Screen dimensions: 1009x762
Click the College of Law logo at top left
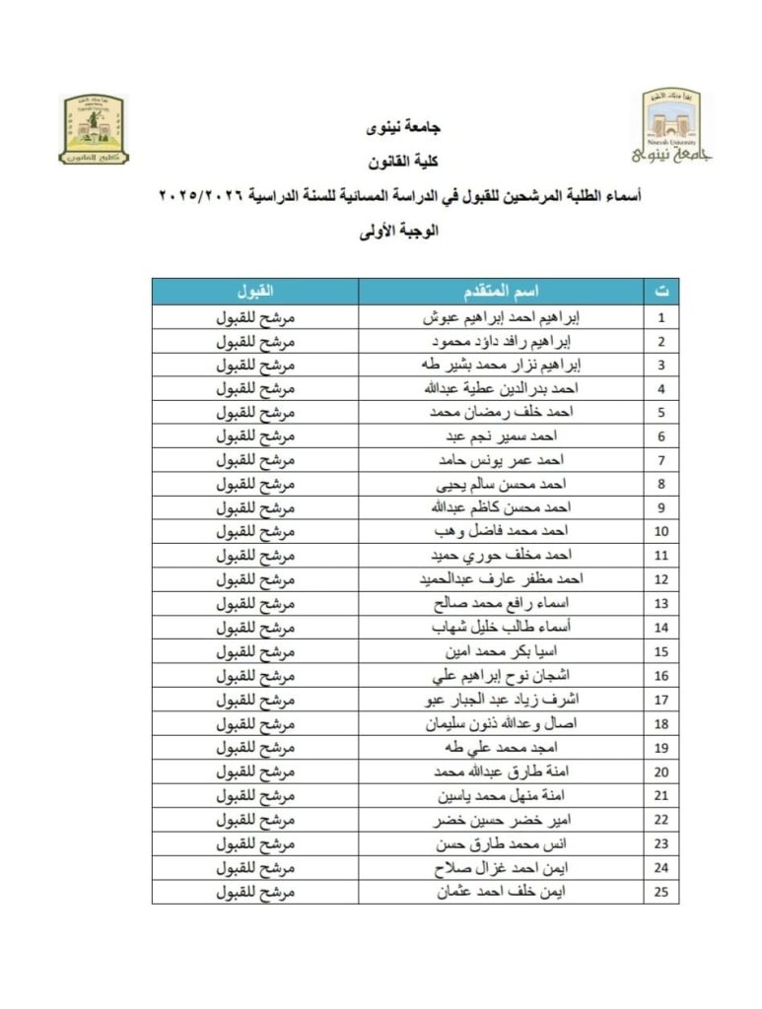point(95,129)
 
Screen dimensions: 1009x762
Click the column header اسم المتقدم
point(501,292)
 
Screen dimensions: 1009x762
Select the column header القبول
point(254,292)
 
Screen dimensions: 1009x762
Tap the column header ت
point(661,292)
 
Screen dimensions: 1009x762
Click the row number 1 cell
point(661,318)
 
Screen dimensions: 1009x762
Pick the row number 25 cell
point(661,893)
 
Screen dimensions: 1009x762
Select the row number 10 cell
point(661,533)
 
